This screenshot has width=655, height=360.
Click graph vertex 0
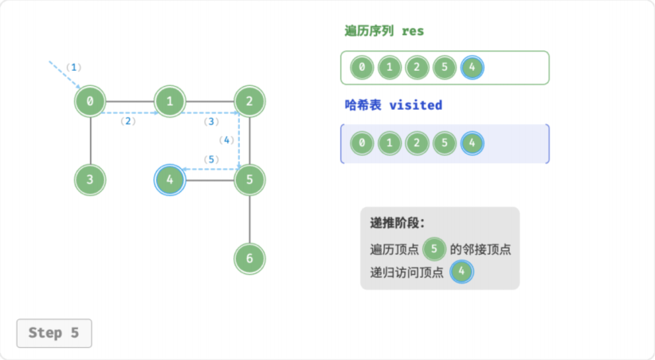tap(90, 101)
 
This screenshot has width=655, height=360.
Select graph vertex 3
tap(90, 180)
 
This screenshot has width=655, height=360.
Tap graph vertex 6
tap(249, 259)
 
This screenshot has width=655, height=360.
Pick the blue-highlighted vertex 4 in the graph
tap(170, 180)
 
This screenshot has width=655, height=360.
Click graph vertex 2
tap(249, 101)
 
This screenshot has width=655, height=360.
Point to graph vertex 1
tap(170, 101)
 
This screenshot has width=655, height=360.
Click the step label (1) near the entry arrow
tap(73, 67)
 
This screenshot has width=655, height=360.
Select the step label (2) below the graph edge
tap(127, 121)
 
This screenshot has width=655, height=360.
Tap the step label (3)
tap(211, 122)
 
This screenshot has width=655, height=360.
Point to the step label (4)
tap(226, 140)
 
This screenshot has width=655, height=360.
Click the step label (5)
tap(211, 159)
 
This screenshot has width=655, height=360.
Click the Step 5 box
tap(54, 333)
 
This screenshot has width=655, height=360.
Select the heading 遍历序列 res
tap(384, 31)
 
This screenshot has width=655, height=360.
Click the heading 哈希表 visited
tap(393, 105)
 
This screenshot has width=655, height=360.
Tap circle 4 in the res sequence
tap(472, 67)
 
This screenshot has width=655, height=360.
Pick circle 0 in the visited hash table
tap(362, 143)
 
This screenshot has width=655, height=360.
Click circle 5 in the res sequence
tap(445, 67)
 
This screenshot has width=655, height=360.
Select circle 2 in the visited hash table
tap(417, 143)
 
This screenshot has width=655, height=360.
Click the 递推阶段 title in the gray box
tap(397, 223)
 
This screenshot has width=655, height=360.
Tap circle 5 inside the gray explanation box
tap(434, 249)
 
